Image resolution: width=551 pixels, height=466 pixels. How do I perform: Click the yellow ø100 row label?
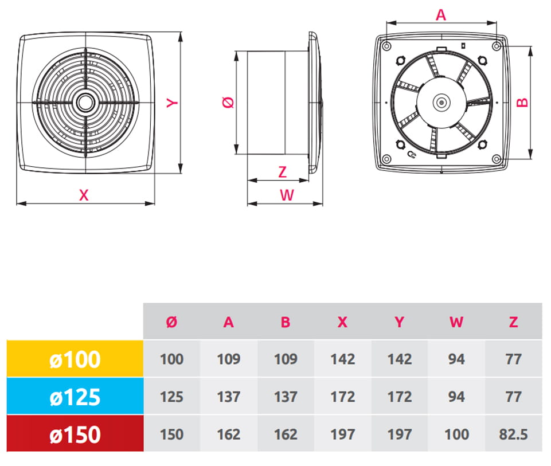75,359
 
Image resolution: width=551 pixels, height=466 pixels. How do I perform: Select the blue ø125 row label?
75,397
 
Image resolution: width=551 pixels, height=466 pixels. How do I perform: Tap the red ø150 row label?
75,434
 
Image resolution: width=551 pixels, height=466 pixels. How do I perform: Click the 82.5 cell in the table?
513,434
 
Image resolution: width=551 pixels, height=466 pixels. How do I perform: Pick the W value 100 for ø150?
456,434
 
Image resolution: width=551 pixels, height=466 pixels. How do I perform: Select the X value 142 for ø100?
343,359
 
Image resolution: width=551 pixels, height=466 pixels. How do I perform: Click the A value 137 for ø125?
228,397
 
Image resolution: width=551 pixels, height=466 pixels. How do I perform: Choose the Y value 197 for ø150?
400,434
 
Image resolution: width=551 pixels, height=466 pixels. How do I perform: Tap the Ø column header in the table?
171,322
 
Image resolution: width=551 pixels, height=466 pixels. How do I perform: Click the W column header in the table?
456,322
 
